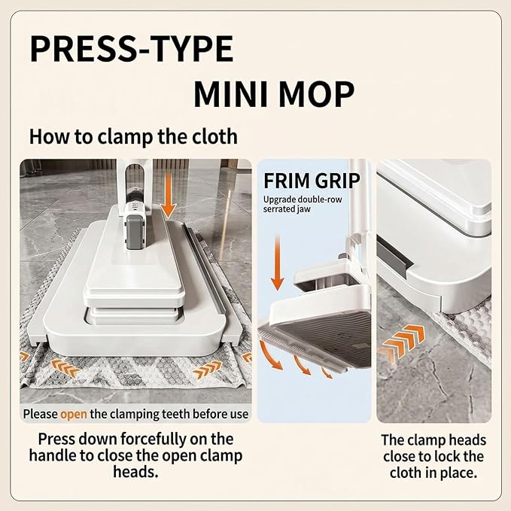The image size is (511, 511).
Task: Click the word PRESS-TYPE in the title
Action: tap(132, 49)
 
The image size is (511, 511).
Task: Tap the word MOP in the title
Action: tap(316, 94)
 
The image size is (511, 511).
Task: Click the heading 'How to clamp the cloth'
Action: tap(133, 136)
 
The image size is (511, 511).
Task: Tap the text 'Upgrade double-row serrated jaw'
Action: tap(303, 204)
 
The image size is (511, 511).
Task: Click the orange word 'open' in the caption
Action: tap(74, 415)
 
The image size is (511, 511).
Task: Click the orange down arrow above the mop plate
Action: tap(169, 196)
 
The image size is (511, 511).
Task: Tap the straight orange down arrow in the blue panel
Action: tap(278, 263)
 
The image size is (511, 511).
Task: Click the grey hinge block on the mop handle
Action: tap(134, 231)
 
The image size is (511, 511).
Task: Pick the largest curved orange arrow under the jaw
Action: tap(270, 356)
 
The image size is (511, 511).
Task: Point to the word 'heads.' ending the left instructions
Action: tap(136, 472)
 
